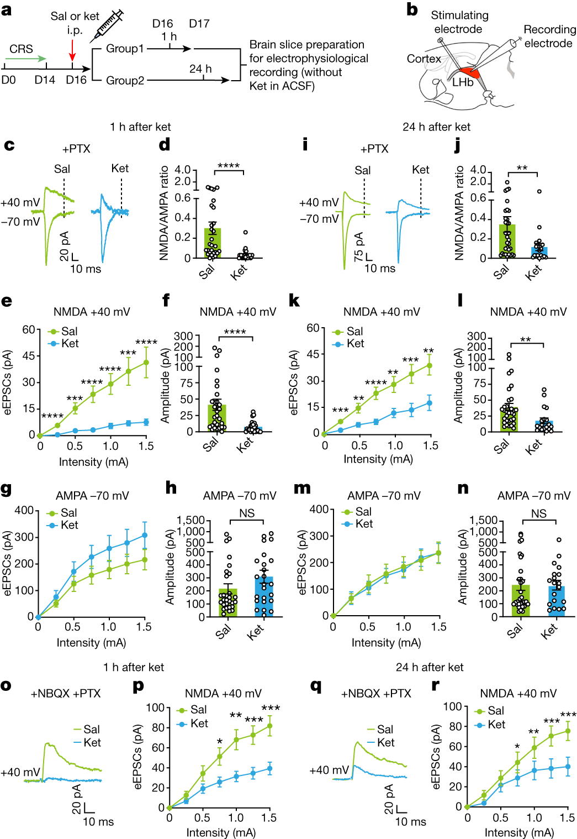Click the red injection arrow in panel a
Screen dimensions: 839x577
click(x=72, y=51)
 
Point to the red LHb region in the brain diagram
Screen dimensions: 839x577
click(x=468, y=74)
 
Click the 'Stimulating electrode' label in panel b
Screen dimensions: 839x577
click(x=459, y=22)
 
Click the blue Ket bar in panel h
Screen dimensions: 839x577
click(x=264, y=596)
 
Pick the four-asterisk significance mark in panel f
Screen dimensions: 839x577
click(x=235, y=332)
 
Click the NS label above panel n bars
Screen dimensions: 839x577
click(x=538, y=513)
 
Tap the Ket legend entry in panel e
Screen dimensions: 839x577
click(x=64, y=343)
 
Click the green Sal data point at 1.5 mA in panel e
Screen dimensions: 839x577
click(x=146, y=363)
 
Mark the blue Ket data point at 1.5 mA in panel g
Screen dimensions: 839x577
click(x=145, y=535)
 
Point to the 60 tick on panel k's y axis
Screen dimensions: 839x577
click(x=313, y=328)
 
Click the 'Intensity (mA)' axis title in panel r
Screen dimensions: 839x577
click(x=519, y=832)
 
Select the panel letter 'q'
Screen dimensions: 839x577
click(x=316, y=686)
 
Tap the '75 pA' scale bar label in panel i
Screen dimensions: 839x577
click(x=359, y=247)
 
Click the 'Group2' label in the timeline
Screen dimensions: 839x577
click(x=125, y=81)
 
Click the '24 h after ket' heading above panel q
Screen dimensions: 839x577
click(x=430, y=667)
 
